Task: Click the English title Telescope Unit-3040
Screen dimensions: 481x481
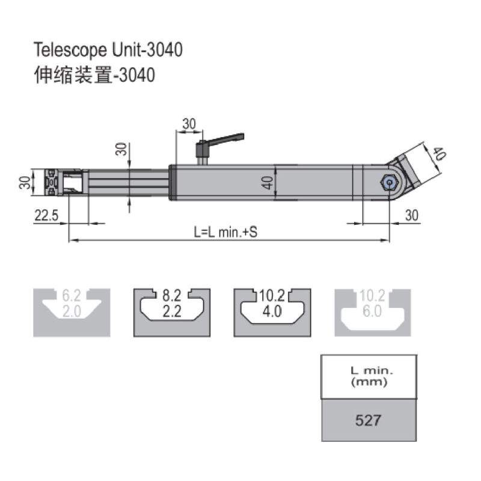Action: click(108, 49)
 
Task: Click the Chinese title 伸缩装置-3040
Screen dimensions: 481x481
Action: click(95, 76)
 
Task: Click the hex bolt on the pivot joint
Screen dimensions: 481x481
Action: click(389, 182)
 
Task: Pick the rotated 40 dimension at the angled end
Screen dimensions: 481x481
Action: click(438, 154)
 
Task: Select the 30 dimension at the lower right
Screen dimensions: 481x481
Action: click(411, 215)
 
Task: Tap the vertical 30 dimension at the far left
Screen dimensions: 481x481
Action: click(25, 182)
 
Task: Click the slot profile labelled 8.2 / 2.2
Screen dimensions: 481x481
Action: click(171, 312)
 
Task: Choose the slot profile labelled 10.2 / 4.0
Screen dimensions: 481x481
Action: click(271, 312)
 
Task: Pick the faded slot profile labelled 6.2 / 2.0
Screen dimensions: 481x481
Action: click(71, 312)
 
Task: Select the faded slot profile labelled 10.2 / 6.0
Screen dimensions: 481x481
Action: click(373, 312)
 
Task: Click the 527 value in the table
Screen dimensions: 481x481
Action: click(368, 420)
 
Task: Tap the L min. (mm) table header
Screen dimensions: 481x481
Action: click(369, 376)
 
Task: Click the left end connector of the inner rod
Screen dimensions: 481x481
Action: click(53, 182)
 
